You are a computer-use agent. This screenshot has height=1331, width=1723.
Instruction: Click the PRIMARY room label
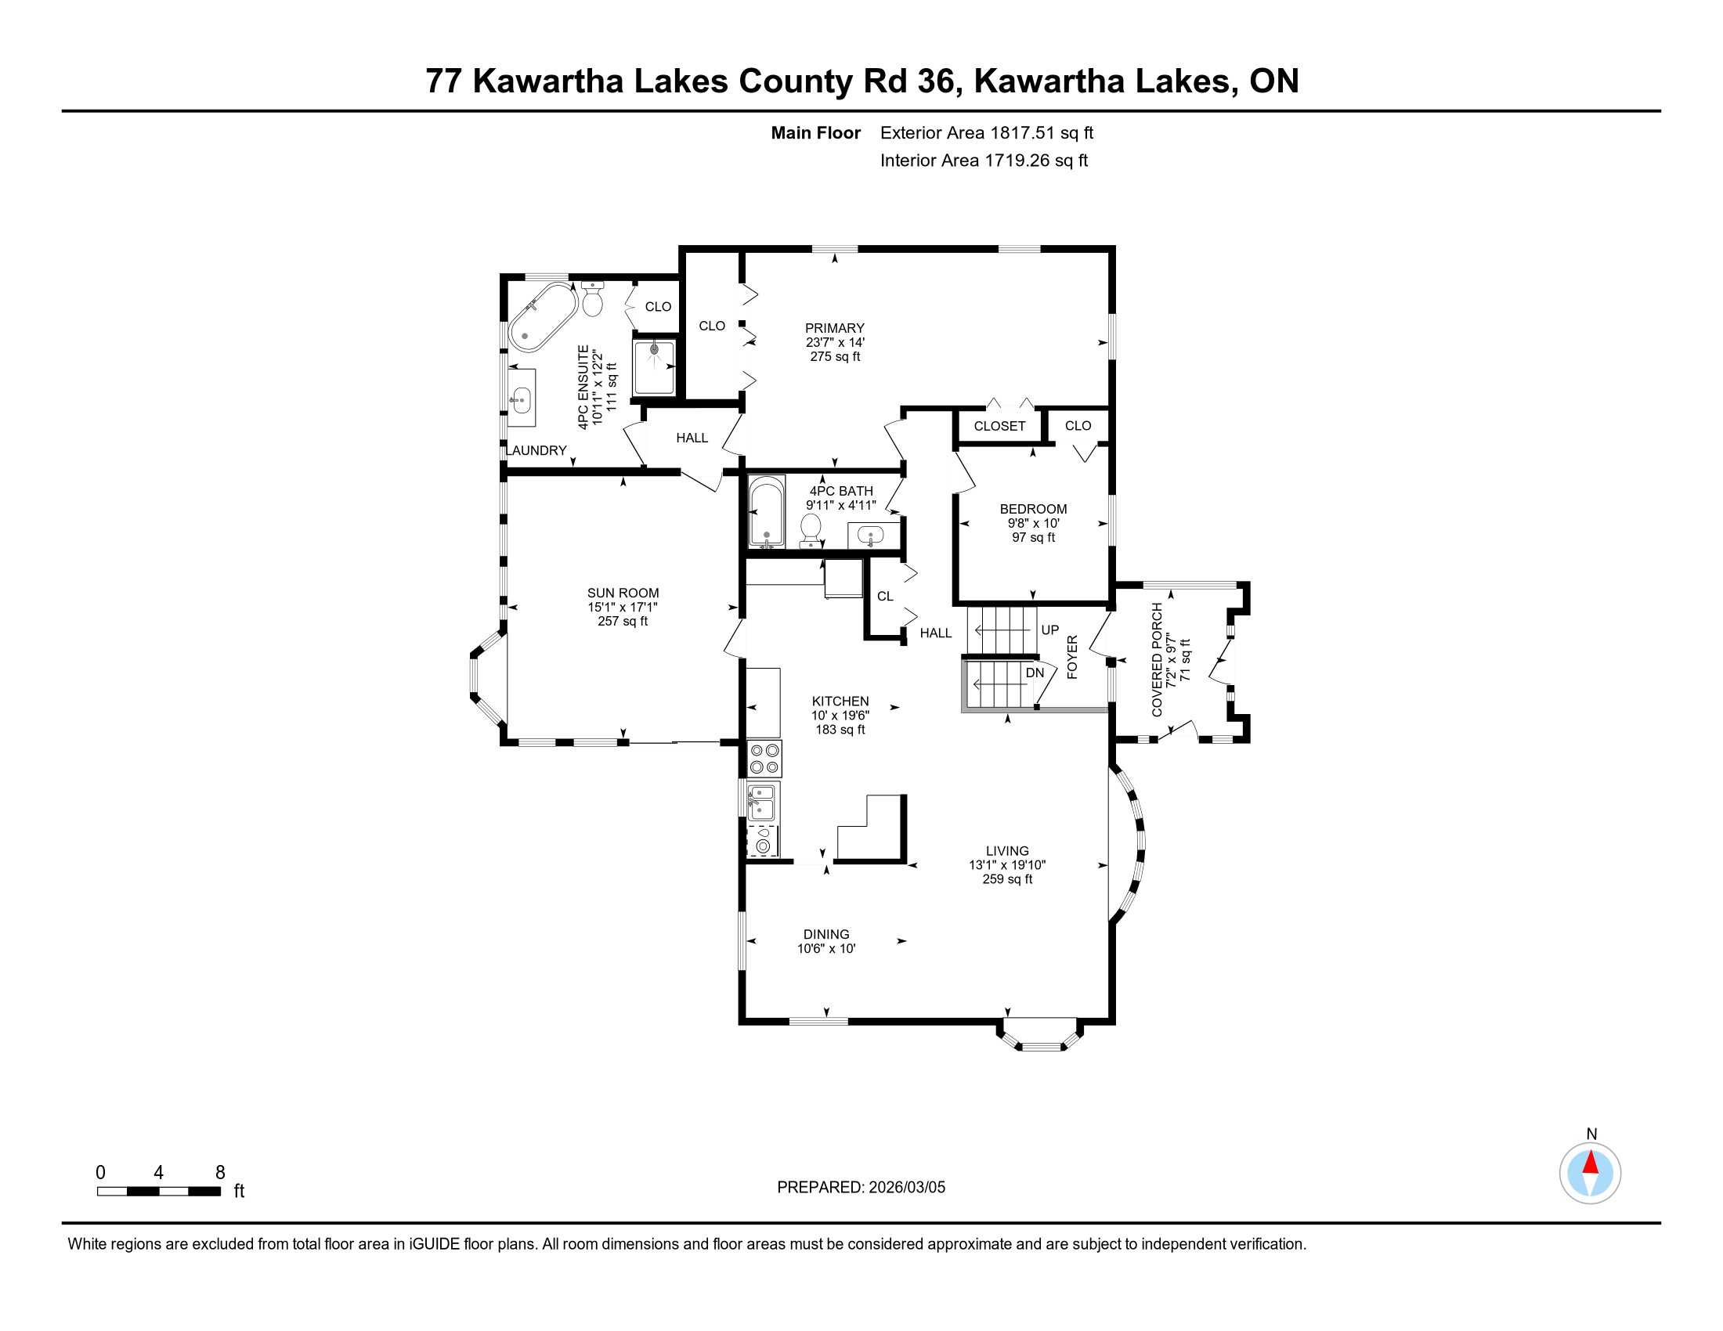tap(835, 328)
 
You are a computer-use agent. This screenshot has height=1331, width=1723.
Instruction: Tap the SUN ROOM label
tap(623, 593)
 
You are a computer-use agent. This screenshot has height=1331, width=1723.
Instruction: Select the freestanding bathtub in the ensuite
tap(543, 317)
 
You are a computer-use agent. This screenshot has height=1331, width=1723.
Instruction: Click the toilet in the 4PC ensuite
tap(593, 298)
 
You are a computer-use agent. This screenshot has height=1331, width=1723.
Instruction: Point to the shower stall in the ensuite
tap(654, 366)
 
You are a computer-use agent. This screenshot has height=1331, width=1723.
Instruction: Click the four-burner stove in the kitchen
tap(764, 759)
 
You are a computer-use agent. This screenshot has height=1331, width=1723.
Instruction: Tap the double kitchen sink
tap(761, 802)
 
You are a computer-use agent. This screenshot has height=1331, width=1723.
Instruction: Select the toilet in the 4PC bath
tap(811, 530)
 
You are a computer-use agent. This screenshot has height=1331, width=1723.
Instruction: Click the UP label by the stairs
tap(1049, 630)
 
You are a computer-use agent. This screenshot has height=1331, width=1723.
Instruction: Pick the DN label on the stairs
tap(1035, 673)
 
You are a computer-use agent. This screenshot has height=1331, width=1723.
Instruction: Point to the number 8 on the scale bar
tap(220, 1173)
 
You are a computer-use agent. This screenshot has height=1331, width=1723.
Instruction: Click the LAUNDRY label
tap(536, 450)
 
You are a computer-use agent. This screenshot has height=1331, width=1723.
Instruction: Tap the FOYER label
tap(1072, 657)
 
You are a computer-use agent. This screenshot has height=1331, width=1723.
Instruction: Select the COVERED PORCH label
tap(1158, 660)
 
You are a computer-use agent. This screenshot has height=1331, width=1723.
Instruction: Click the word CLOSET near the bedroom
tap(999, 426)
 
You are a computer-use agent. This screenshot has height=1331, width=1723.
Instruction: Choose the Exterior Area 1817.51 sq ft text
tap(987, 132)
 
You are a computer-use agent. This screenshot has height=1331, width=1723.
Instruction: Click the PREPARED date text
tap(861, 1188)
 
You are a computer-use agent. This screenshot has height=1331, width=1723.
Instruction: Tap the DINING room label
tap(826, 934)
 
